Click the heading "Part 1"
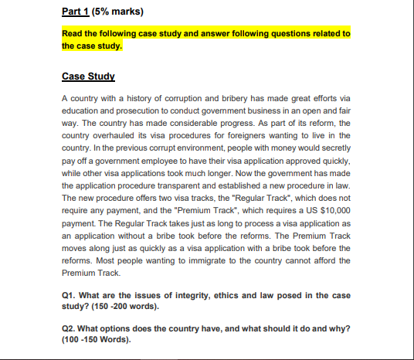pos(73,12)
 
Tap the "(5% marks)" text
pos(114,12)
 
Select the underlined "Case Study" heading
pos(87,77)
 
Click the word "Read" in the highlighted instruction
pos(72,33)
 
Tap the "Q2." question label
pos(70,328)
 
